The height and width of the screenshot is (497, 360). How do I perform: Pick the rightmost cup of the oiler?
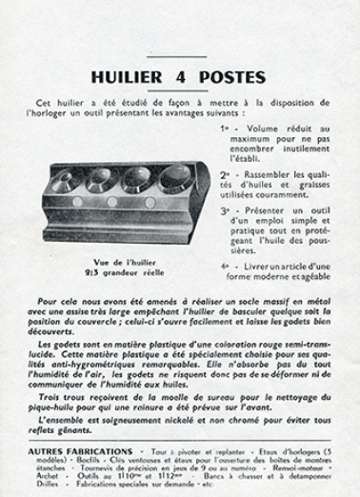[x=175, y=176]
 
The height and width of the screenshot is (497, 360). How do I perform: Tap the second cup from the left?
[x=101, y=180]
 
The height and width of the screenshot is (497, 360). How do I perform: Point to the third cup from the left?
[x=138, y=178]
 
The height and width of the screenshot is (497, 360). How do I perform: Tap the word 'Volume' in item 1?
[x=261, y=127]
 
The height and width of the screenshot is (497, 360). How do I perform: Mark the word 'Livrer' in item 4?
[x=258, y=268]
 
